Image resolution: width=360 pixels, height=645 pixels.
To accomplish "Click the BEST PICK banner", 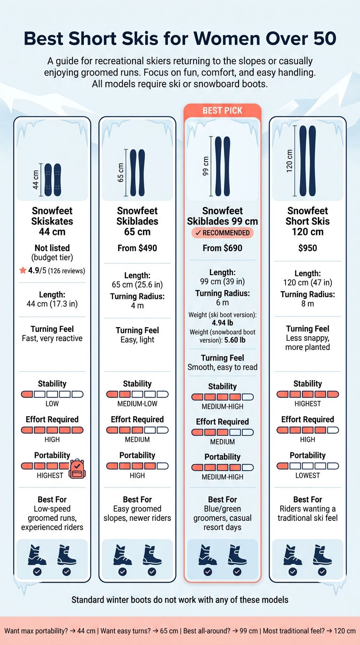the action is click(x=222, y=111).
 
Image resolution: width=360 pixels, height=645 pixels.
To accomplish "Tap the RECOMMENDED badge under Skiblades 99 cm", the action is click(x=222, y=233).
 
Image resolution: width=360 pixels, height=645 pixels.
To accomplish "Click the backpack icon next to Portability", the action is click(x=77, y=468).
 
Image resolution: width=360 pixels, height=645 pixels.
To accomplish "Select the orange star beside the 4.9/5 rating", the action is click(x=23, y=270).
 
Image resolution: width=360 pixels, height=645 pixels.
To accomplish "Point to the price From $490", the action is click(x=137, y=248).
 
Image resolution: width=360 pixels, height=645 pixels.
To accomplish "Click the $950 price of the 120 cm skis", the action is click(x=307, y=248).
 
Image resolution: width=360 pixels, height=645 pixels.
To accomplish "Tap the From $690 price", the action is click(x=222, y=248).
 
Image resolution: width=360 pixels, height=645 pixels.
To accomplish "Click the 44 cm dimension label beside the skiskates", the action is click(x=36, y=180).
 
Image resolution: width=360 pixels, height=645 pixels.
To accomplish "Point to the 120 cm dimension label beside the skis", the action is click(x=289, y=161).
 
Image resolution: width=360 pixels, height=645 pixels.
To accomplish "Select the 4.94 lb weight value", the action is click(x=222, y=323).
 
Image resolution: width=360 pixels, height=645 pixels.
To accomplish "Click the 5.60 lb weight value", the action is click(x=235, y=340).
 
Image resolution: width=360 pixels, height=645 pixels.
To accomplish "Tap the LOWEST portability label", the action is click(x=307, y=475).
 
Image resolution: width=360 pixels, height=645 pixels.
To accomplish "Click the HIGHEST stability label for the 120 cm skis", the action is click(x=307, y=404).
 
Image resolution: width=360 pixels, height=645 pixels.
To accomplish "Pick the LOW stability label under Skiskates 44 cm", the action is click(x=52, y=404).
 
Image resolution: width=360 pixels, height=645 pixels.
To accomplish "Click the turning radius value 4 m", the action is click(x=137, y=306).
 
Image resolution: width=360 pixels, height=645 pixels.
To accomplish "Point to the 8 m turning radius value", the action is click(x=307, y=303).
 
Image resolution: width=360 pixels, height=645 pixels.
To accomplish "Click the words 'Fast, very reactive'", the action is click(x=52, y=338).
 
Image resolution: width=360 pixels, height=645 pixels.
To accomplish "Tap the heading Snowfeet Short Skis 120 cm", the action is click(x=307, y=221).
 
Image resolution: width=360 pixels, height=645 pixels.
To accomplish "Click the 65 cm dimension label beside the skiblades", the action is click(x=120, y=172).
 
